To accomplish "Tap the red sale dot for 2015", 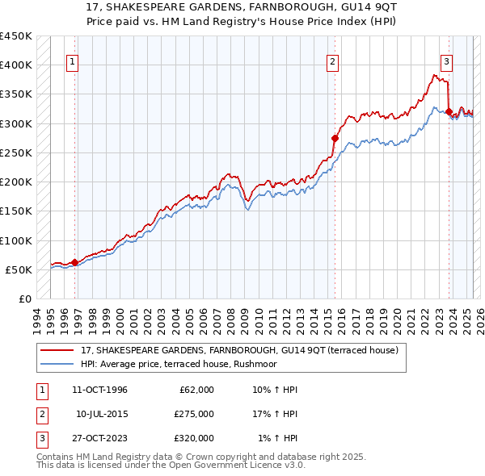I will [335, 138].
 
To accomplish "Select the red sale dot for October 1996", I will [74, 262].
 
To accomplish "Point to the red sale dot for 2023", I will [449, 111].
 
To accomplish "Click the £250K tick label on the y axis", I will [16, 152].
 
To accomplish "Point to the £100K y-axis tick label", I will [16, 240].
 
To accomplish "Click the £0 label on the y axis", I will [24, 299].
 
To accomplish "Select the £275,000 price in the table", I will [194, 414].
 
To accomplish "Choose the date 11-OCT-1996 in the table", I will [99, 390].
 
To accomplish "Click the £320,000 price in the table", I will [194, 438].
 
